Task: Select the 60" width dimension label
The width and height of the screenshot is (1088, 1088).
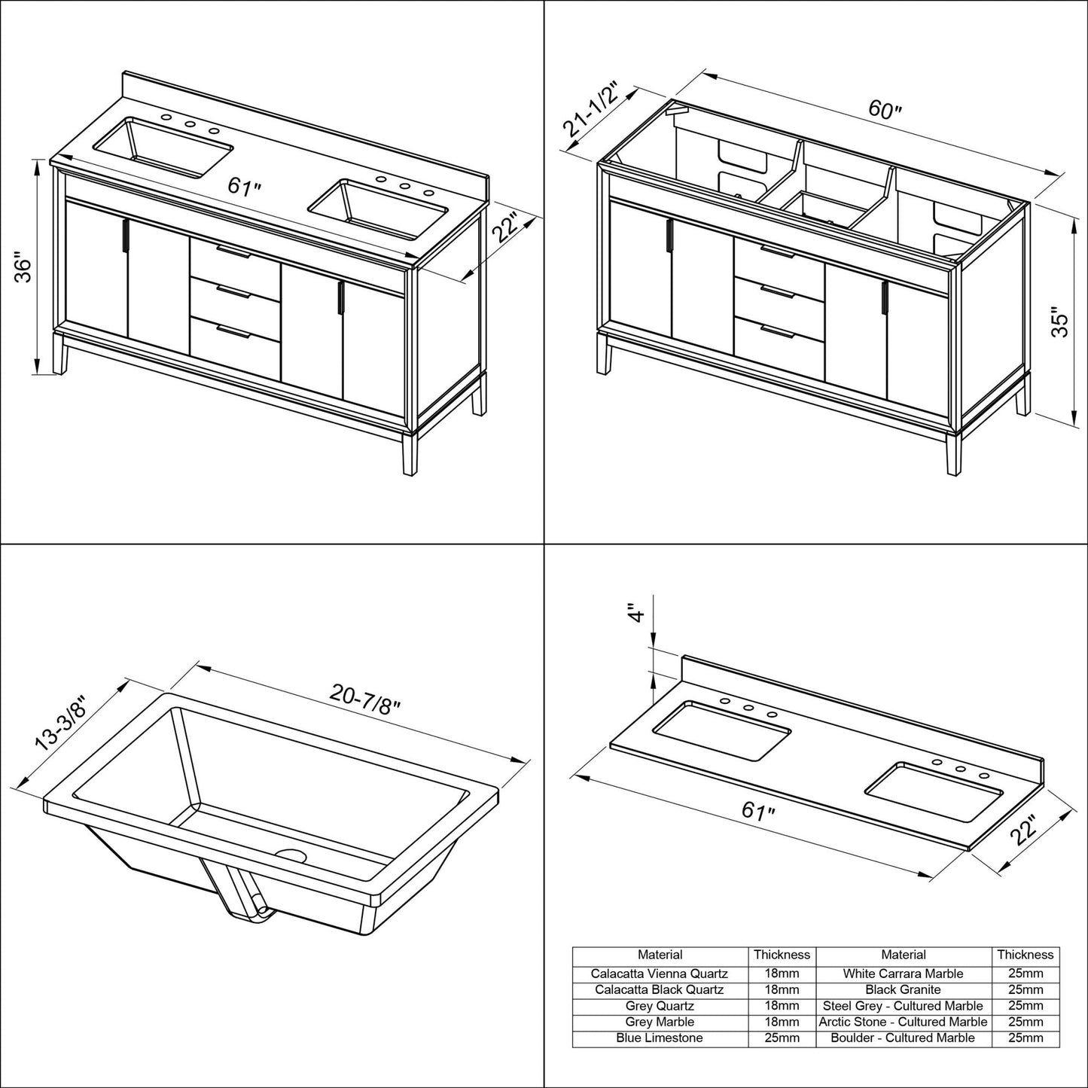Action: tap(885, 110)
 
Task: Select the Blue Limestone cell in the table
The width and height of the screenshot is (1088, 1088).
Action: tap(660, 1038)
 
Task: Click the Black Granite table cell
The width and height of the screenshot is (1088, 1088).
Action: tap(903, 989)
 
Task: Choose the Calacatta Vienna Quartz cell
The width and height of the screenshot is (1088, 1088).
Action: tap(660, 974)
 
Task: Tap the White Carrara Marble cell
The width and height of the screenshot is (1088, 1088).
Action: tap(903, 974)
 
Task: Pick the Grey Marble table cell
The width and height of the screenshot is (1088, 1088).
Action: tap(660, 1022)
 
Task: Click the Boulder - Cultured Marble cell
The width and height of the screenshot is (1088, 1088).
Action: tap(903, 1038)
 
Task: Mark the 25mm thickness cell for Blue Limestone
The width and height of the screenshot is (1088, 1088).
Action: tap(782, 1038)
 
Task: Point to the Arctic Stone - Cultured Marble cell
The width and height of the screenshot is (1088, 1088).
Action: tap(903, 1022)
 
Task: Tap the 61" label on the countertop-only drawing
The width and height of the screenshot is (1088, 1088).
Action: tap(758, 812)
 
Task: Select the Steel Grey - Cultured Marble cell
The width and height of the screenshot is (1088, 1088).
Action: tap(903, 1006)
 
